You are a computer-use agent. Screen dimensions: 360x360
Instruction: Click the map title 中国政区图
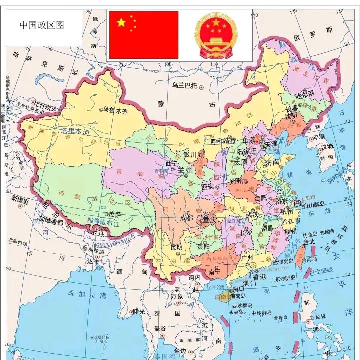(42, 25)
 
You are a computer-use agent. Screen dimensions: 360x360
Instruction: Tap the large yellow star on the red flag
(121, 22)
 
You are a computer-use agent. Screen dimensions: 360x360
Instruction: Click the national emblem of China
(214, 34)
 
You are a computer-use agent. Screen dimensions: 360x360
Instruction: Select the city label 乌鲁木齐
(116, 109)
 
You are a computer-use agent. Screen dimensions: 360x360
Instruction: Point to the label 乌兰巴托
(185, 86)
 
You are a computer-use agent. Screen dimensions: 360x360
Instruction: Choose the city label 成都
(186, 218)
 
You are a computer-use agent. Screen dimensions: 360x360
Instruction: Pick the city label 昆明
(176, 247)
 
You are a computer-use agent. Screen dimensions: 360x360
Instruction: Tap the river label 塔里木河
(75, 131)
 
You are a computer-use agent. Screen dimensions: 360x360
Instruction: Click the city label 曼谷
(160, 329)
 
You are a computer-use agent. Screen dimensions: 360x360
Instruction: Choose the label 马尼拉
(318, 317)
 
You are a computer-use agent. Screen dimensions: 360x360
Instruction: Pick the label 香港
(260, 276)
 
